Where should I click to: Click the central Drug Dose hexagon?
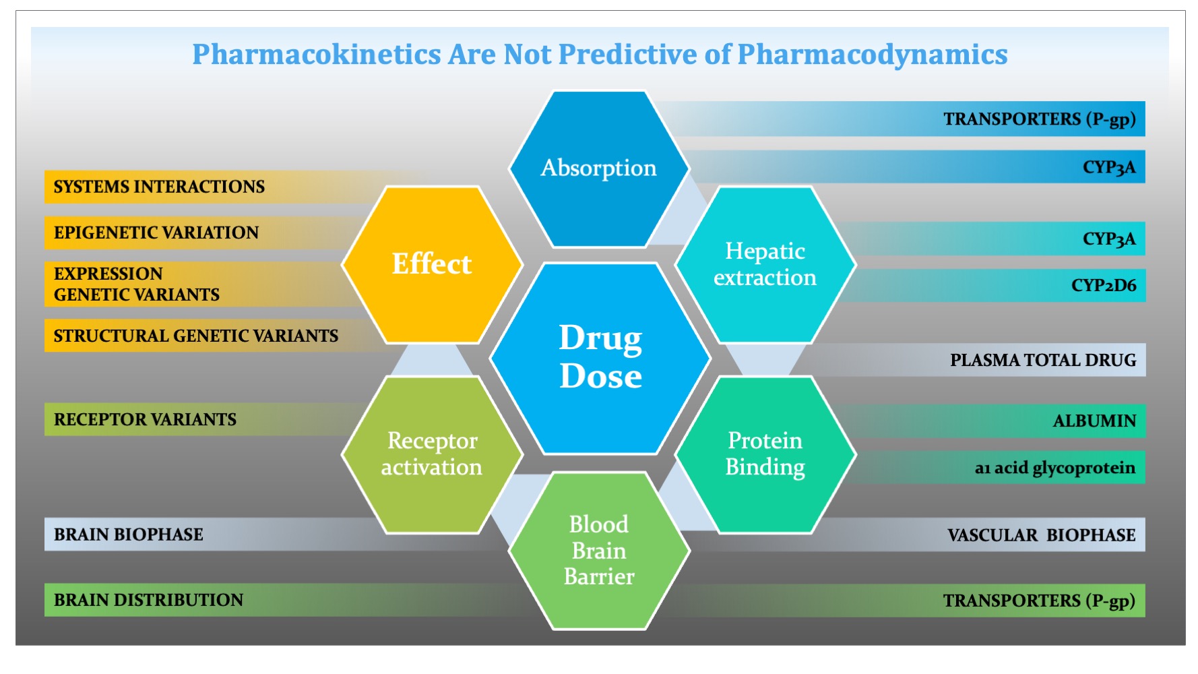(x=600, y=358)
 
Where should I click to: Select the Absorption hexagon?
(x=599, y=168)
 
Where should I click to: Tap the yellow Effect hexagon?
(x=432, y=264)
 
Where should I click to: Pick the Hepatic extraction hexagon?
(x=765, y=264)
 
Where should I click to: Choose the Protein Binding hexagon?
(x=765, y=454)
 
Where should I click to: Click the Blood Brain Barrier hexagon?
(x=599, y=551)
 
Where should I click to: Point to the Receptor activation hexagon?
(x=432, y=454)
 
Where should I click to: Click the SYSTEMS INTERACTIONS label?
(x=159, y=187)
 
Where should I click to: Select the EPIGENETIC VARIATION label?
(x=156, y=233)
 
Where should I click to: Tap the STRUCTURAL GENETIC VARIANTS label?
(x=196, y=336)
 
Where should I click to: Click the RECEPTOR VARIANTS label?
(x=145, y=419)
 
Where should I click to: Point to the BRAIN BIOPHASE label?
(x=128, y=534)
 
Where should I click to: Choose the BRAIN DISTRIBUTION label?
(x=148, y=600)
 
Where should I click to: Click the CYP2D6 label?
(x=1104, y=286)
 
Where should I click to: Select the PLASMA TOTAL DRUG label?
(x=1043, y=361)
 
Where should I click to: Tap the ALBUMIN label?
(x=1095, y=421)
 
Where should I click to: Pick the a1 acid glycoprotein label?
(x=1055, y=468)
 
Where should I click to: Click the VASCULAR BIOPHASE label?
(x=1042, y=535)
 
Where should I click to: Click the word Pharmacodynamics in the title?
(x=873, y=55)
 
